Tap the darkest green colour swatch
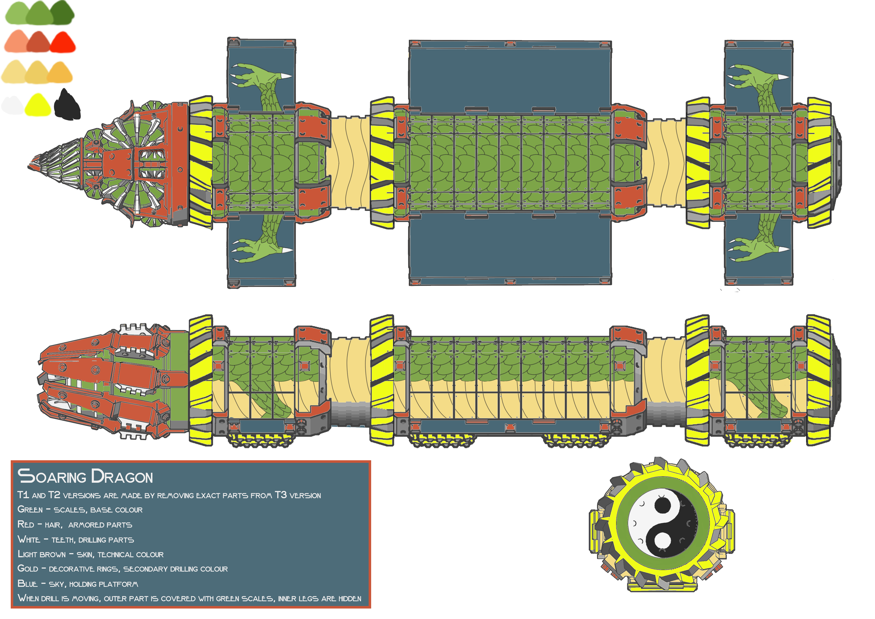(x=62, y=12)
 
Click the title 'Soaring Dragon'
(x=85, y=477)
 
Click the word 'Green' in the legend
(x=30, y=509)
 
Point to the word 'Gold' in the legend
(x=28, y=569)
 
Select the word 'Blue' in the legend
(x=27, y=584)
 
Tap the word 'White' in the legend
(x=29, y=540)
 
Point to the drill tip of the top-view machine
(x=29, y=166)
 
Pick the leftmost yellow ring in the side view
(x=201, y=380)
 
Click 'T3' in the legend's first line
(x=281, y=495)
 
